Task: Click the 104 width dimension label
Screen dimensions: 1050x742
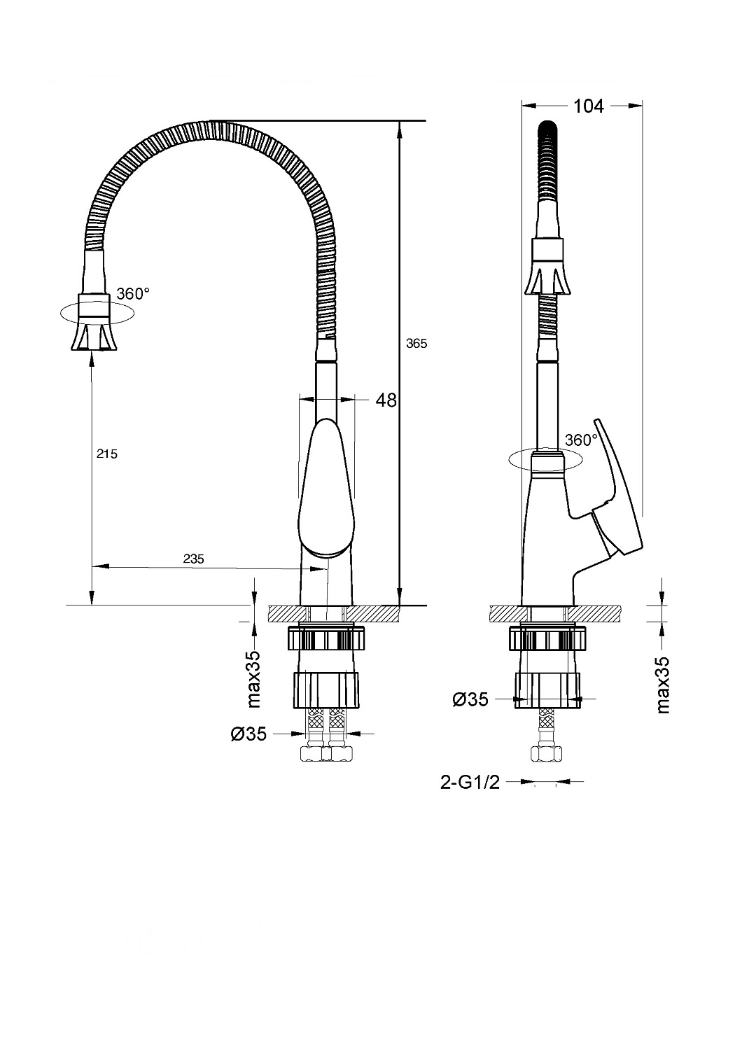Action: tap(588, 106)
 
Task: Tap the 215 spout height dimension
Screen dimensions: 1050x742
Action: tap(107, 454)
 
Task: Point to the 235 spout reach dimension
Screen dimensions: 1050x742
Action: tap(193, 559)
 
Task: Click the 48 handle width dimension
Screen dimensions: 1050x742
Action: tap(386, 400)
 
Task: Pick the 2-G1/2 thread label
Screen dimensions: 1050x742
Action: tap(470, 782)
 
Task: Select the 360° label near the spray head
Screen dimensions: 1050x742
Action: tap(133, 294)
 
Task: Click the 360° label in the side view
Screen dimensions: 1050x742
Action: tap(581, 440)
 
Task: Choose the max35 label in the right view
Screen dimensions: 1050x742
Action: tap(663, 685)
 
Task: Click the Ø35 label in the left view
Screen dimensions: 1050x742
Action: tap(248, 734)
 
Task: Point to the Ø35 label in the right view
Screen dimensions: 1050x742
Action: tap(470, 699)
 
